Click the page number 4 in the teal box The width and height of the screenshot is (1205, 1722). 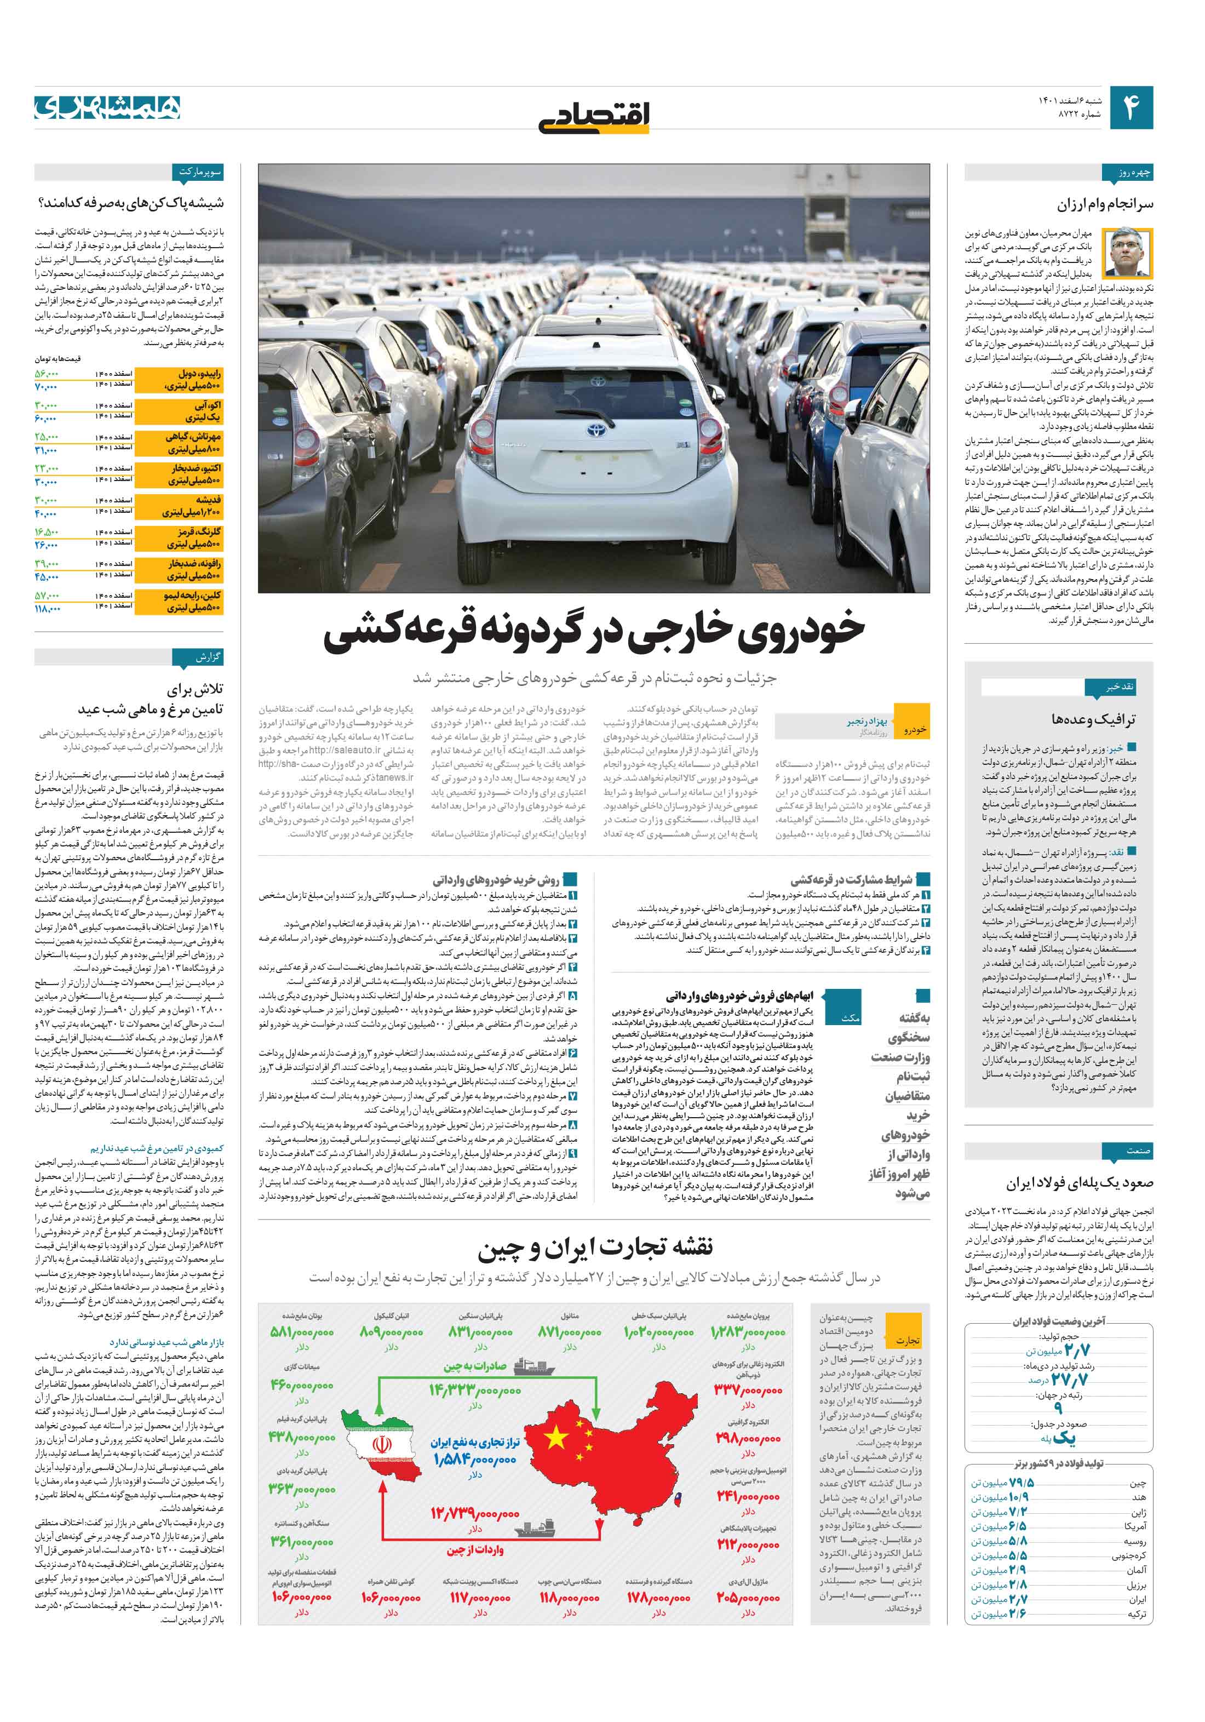[x=1130, y=108]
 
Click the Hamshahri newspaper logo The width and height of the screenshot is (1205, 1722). [x=107, y=107]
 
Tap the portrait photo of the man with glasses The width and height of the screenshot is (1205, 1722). [x=1133, y=253]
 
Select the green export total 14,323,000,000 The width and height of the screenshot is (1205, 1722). [x=475, y=1391]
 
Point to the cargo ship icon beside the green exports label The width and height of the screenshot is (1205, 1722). [x=533, y=1366]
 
